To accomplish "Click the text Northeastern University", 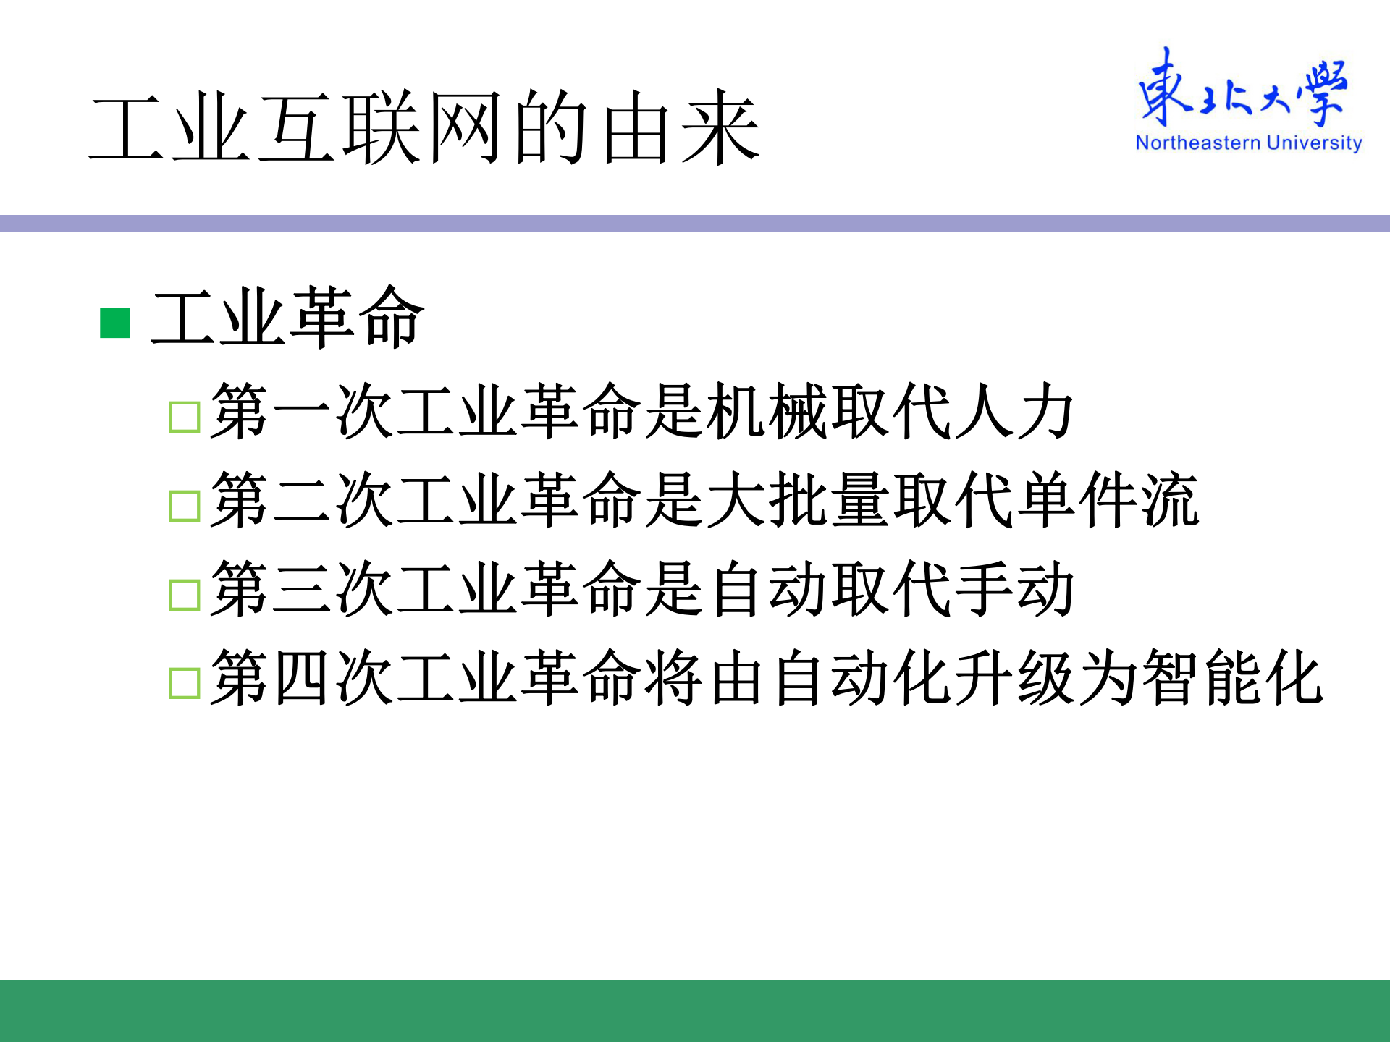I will click(x=1248, y=143).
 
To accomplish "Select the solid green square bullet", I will click(x=115, y=323).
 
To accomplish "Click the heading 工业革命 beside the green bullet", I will click(x=287, y=318).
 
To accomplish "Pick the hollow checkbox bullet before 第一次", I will click(x=184, y=418).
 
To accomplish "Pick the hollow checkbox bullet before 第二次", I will click(x=184, y=506).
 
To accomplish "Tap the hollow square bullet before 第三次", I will click(x=184, y=595).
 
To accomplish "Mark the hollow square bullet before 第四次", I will click(x=184, y=683).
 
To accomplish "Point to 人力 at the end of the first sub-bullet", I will click(x=1014, y=412).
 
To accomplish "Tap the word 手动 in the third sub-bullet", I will click(x=1014, y=589).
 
